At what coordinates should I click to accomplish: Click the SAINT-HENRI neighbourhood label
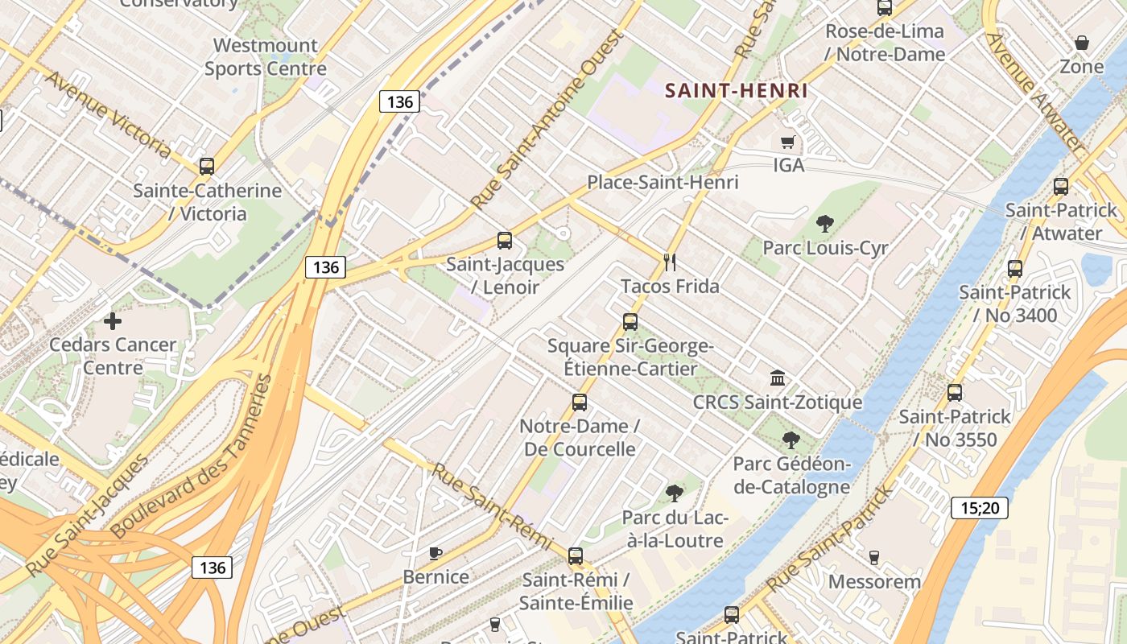click(736, 90)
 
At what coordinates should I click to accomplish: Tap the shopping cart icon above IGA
click(788, 142)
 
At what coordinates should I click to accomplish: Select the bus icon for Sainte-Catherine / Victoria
click(207, 167)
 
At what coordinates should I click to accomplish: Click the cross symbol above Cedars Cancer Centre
click(113, 321)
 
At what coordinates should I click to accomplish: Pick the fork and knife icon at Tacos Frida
click(669, 262)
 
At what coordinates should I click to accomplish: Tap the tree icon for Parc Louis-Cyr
click(824, 223)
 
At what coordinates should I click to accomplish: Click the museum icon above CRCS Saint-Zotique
click(778, 378)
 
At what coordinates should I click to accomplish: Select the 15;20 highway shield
click(979, 508)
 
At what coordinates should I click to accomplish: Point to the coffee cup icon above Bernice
click(436, 552)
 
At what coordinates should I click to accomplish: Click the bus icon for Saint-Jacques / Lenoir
click(505, 240)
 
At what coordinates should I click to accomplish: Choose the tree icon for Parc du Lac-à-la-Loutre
click(675, 493)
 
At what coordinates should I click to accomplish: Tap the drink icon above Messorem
click(874, 557)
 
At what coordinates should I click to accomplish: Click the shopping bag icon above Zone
click(1082, 42)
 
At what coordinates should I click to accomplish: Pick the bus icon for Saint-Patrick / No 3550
click(955, 393)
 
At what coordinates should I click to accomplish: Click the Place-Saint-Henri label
click(663, 182)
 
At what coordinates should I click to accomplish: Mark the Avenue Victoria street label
click(109, 114)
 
